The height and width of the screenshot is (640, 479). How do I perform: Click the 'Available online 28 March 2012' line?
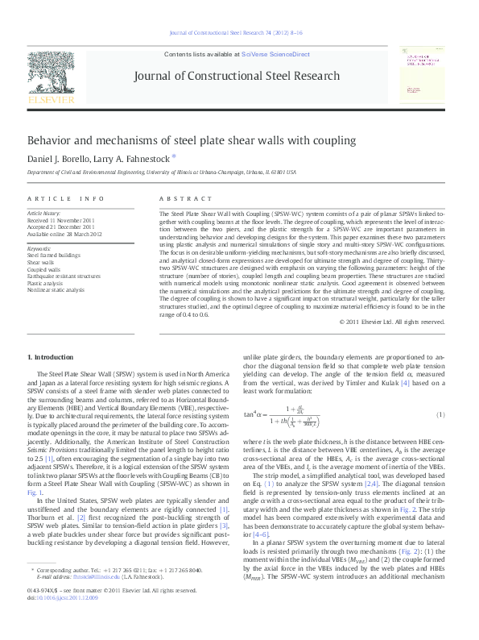69,234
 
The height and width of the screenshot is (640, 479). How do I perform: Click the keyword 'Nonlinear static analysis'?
56,289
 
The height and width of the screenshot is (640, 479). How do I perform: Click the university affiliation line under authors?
162,172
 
